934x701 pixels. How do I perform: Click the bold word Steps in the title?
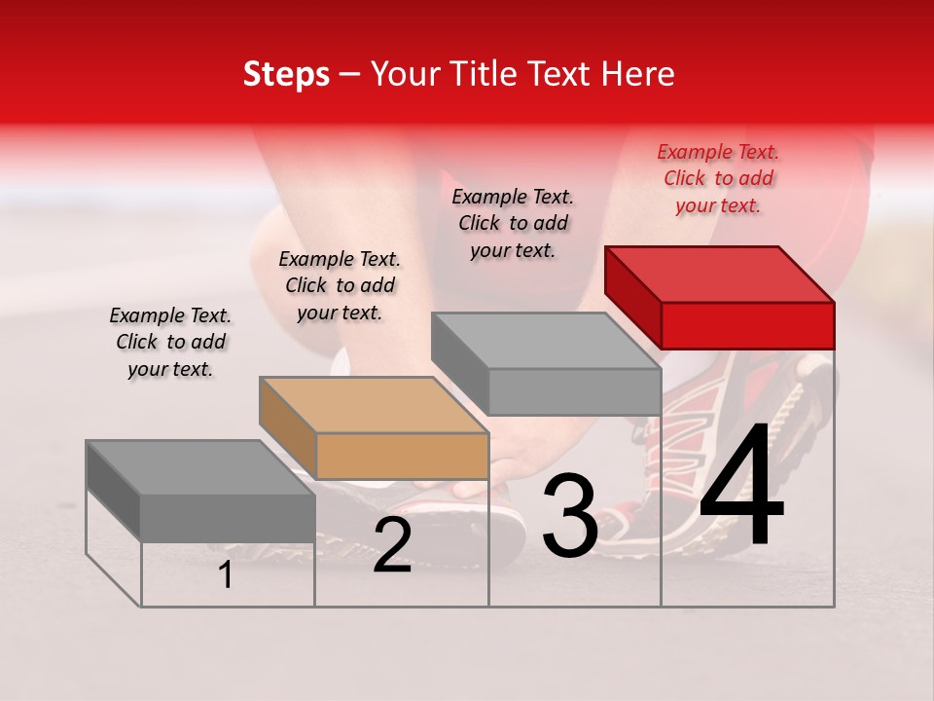(x=286, y=74)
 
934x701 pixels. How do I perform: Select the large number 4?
(x=741, y=487)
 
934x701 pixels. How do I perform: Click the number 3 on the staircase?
(x=570, y=518)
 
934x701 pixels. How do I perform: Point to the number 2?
(x=392, y=546)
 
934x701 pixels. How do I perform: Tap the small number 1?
(x=226, y=575)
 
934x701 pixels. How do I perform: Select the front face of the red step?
(x=747, y=325)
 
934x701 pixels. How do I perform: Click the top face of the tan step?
(x=374, y=405)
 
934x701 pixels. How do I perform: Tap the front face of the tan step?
(x=402, y=456)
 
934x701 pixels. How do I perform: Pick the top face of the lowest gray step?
(x=200, y=467)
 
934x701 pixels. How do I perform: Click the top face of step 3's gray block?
(x=545, y=341)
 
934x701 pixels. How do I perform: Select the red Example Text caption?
(x=718, y=179)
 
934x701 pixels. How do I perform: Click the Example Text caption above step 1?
(x=170, y=342)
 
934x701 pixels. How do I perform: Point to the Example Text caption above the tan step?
(x=340, y=285)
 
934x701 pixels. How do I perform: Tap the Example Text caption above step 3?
(x=513, y=223)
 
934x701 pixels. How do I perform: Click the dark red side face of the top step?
(x=632, y=297)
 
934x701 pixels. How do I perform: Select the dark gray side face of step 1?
(x=113, y=492)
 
